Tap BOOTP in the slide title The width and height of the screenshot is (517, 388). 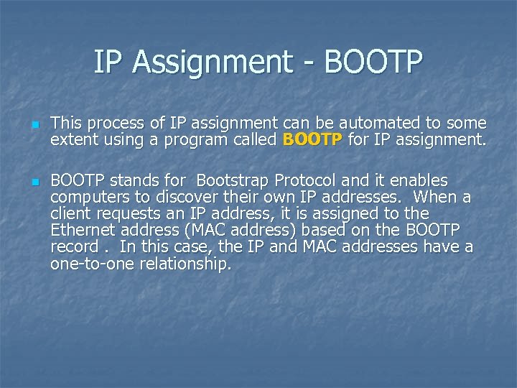coord(373,63)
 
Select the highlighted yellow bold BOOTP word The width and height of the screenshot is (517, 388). coord(313,139)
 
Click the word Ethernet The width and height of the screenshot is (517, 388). coord(82,230)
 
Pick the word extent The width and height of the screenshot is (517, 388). coord(73,139)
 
